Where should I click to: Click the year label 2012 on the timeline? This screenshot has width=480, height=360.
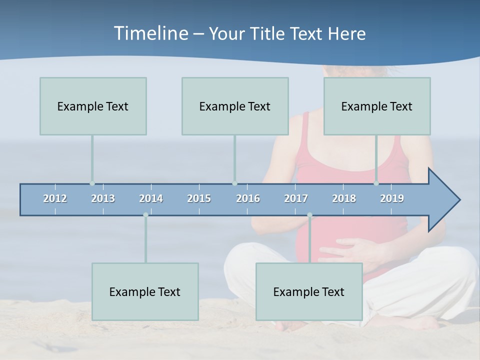click(x=55, y=198)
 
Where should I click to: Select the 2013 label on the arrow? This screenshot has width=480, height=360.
click(x=103, y=198)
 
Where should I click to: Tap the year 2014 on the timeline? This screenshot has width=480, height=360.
click(x=151, y=198)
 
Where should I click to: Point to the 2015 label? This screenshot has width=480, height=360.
click(x=199, y=198)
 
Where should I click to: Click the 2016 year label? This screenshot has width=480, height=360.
click(x=248, y=198)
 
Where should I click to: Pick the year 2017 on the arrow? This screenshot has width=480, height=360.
click(x=296, y=198)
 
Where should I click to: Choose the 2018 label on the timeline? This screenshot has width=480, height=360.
click(x=344, y=198)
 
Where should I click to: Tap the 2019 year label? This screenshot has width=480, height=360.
click(x=392, y=198)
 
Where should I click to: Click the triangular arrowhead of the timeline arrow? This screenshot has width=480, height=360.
click(x=442, y=200)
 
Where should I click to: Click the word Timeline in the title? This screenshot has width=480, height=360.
click(x=150, y=33)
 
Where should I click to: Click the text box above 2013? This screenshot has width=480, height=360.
click(x=93, y=106)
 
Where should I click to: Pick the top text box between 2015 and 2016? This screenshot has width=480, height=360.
click(x=235, y=106)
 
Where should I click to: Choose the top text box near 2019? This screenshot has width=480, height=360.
click(x=377, y=106)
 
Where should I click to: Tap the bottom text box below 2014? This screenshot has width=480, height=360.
click(x=145, y=291)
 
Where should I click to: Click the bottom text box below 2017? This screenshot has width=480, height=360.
click(x=309, y=291)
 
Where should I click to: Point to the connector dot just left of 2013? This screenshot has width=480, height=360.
click(x=92, y=183)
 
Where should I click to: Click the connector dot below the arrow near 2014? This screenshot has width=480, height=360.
click(x=145, y=215)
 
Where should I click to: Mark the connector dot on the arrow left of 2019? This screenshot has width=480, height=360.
click(x=376, y=183)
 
